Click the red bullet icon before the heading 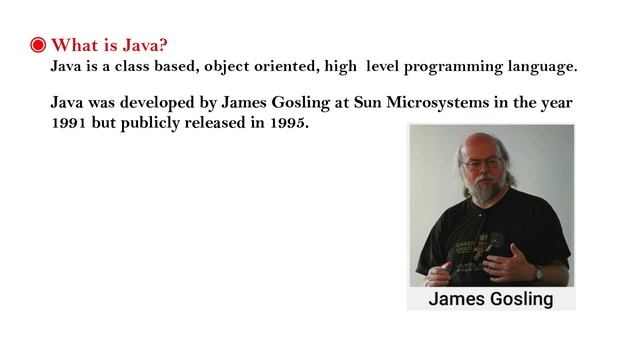(x=37, y=46)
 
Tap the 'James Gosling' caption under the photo (x=490, y=298)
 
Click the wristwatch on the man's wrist (x=537, y=271)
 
